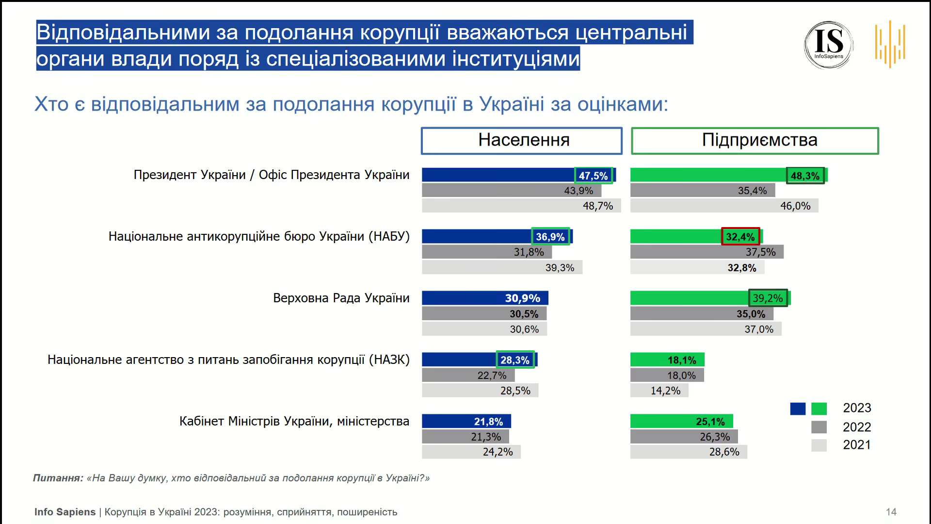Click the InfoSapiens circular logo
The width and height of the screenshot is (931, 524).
coord(829,45)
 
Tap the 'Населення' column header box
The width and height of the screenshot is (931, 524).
coord(521,141)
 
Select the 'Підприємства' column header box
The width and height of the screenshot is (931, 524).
coord(754,141)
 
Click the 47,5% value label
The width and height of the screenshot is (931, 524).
coord(594,176)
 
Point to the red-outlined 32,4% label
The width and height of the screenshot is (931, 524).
coord(740,237)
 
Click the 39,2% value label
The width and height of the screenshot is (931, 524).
coord(768,298)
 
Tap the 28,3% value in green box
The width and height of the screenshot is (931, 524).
coord(515,360)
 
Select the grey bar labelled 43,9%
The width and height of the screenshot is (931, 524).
coord(511,191)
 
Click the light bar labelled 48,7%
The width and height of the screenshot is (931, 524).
coord(521,206)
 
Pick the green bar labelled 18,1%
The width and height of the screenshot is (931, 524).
coord(667,360)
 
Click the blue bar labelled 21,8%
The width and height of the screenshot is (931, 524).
coord(466,421)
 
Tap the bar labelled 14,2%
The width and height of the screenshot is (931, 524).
coord(659,391)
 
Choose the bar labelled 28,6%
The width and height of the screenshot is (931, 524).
coord(688,452)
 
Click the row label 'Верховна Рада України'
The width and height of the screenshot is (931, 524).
coord(341,298)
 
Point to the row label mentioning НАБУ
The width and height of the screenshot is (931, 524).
coord(259,237)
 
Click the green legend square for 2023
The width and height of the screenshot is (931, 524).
coord(819,409)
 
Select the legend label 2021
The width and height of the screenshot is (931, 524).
coord(857,445)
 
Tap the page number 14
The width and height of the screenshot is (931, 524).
coord(891,512)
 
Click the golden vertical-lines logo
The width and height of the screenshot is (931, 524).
coord(890,44)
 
